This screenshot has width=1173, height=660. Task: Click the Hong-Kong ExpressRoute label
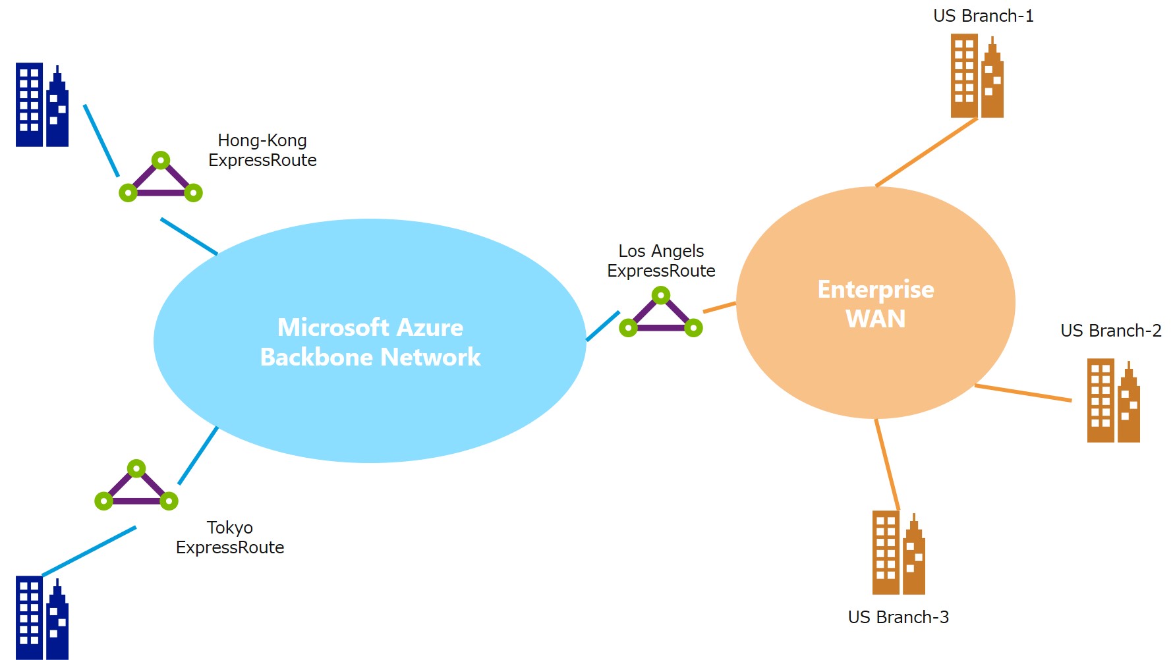[x=262, y=150]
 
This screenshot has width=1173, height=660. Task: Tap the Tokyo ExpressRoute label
[x=230, y=537]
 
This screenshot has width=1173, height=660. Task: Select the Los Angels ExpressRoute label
[x=661, y=261]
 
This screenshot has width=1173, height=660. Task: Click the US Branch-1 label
[x=983, y=16]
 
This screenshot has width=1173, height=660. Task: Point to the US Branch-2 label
[x=1110, y=331]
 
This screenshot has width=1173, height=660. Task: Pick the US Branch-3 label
[x=898, y=617]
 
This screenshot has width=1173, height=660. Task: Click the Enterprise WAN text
[x=876, y=304]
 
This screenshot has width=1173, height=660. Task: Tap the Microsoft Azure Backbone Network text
[x=370, y=342]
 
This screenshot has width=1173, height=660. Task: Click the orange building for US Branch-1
[x=977, y=76]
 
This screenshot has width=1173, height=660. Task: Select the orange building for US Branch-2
[x=1113, y=400]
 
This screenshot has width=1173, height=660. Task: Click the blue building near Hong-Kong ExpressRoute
[x=42, y=105]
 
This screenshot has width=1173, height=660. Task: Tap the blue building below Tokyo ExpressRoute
[x=42, y=618]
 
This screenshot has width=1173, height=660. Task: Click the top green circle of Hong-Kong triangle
[x=161, y=160]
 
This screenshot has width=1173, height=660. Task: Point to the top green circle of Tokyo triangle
[x=136, y=468]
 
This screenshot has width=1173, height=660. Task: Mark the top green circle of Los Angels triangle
[x=661, y=295]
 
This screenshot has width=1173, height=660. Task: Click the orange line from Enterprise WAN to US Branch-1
[x=926, y=152]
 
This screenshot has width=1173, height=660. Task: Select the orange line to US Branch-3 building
[x=887, y=464]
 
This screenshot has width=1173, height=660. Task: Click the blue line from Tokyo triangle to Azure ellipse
[x=198, y=455]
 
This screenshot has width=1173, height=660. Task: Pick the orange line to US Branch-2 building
[x=1023, y=393]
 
